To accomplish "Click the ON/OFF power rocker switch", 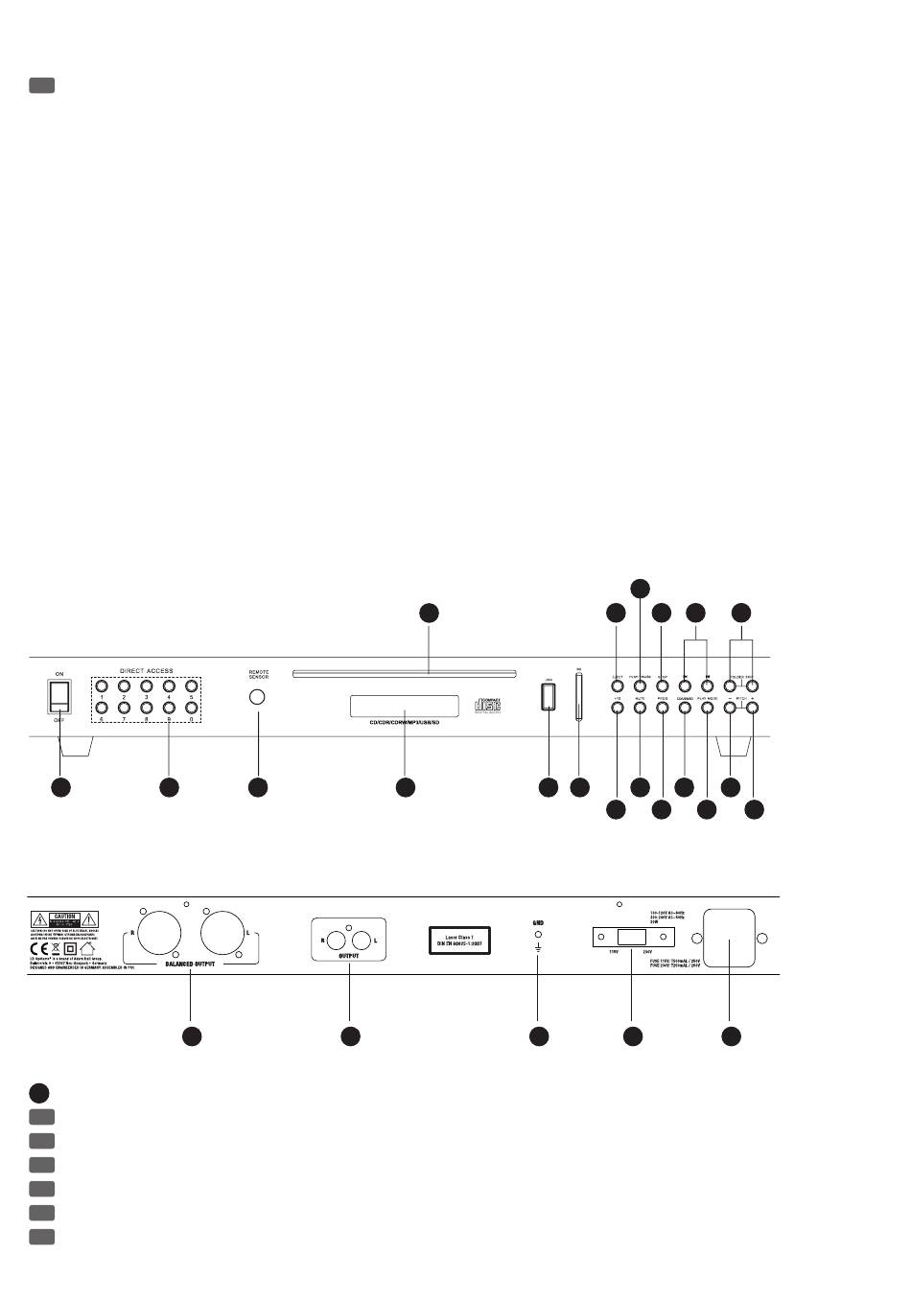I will click(x=59, y=697).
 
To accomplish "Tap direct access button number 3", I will click(x=147, y=685).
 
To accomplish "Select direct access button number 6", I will click(x=103, y=708).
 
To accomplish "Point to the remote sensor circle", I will click(x=257, y=698).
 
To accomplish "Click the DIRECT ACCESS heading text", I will click(x=147, y=670).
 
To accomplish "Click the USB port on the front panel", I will click(x=548, y=698).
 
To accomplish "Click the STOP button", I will click(x=662, y=686).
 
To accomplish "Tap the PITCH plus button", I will click(x=754, y=709).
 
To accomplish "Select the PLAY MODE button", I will click(x=708, y=709).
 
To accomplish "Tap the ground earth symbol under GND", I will click(x=539, y=949).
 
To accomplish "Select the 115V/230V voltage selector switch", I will click(x=631, y=937).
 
